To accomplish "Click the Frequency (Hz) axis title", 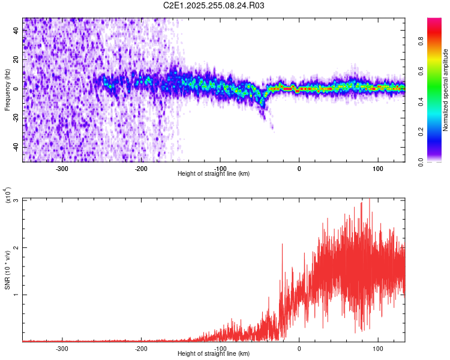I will (x=7, y=90).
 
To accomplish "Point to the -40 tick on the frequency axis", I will (x=16, y=147).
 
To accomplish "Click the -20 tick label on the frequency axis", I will (x=16, y=118).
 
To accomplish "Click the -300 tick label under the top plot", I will (x=62, y=168).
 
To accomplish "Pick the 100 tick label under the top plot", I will (x=378, y=168).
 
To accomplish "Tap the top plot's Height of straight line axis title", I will (x=214, y=174).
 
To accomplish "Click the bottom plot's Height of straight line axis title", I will (x=214, y=354).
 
